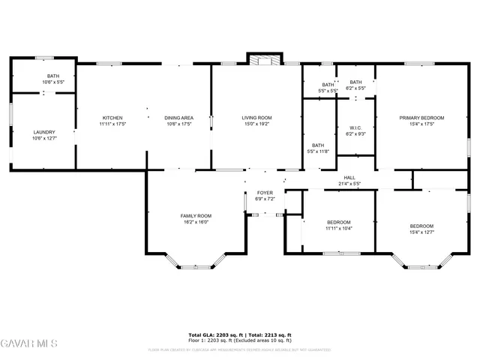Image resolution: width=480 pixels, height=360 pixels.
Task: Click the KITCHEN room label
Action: [112, 118]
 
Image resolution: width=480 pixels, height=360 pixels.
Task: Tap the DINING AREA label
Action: [178, 118]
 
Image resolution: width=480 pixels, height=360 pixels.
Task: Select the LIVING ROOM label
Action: [256, 118]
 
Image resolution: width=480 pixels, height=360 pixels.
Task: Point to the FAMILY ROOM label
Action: [195, 216]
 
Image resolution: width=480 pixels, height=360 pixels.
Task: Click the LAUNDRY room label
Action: [44, 132]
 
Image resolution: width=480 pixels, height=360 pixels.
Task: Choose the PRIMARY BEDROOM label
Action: [421, 118]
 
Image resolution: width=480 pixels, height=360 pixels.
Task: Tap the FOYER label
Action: [265, 193]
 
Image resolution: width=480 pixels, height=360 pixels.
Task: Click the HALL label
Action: [349, 178]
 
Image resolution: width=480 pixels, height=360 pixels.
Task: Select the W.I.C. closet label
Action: [355, 127]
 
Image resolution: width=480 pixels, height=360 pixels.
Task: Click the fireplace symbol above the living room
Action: [264, 60]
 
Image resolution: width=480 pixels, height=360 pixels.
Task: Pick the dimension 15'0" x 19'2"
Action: [256, 124]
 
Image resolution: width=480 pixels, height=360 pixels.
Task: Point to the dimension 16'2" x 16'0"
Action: [195, 222]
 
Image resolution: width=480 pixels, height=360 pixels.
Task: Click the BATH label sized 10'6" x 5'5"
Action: [53, 76]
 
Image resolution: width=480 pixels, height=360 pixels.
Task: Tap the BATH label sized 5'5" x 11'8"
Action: [318, 145]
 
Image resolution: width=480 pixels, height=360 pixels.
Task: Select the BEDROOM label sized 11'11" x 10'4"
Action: [339, 222]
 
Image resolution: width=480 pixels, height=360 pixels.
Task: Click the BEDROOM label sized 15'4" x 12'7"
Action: [421, 226]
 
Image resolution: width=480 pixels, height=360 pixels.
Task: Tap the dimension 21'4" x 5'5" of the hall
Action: [349, 184]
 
